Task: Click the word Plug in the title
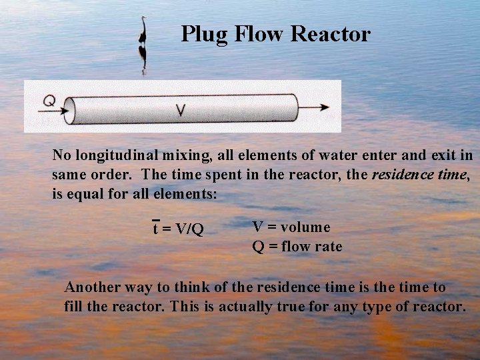point(202,34)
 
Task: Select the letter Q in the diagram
point(49,101)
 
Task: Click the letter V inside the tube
point(180,111)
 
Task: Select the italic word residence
point(400,175)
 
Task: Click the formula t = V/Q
point(178,229)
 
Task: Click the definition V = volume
point(291,227)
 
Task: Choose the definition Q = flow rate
point(297,247)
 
